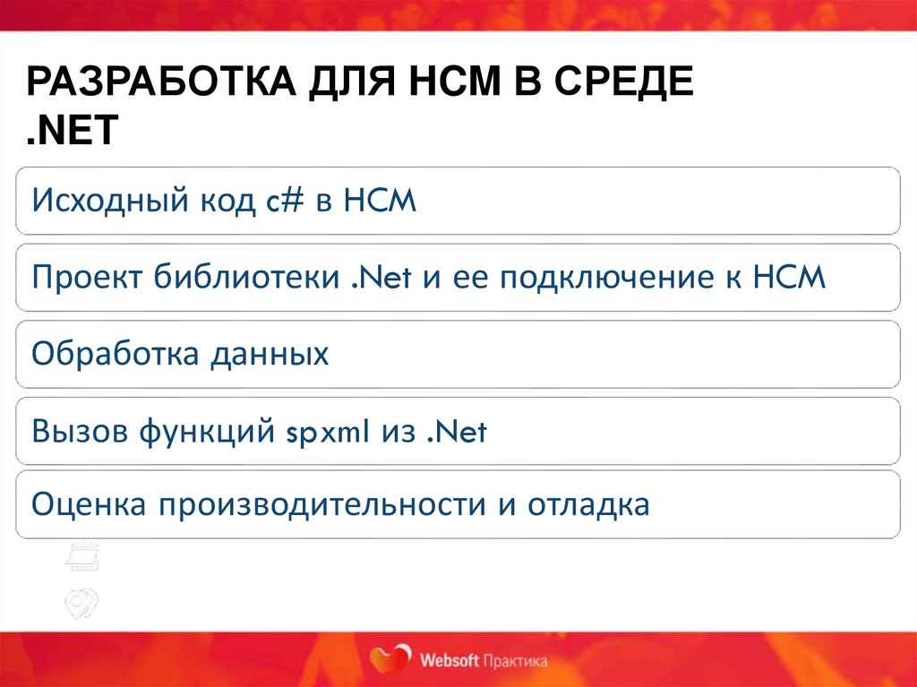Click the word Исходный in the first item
click(106, 201)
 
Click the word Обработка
click(113, 355)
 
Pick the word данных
click(270, 355)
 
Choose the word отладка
click(587, 505)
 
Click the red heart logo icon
click(390, 658)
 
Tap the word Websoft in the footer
click(449, 661)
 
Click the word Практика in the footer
click(514, 661)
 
